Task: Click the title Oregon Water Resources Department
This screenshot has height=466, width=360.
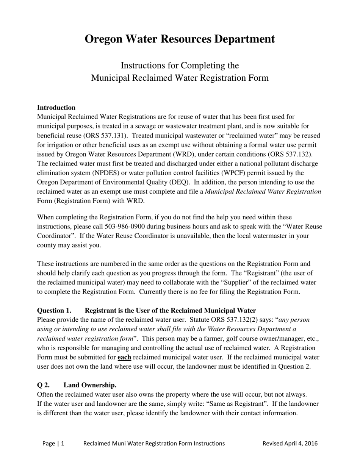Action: (x=180, y=39)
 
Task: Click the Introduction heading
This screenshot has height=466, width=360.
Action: (x=56, y=108)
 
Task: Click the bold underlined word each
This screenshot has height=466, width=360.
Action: (x=124, y=357)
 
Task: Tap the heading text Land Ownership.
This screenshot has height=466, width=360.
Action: (x=90, y=385)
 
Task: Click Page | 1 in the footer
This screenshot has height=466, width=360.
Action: (x=53, y=443)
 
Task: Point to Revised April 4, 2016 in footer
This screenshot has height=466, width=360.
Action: (x=290, y=443)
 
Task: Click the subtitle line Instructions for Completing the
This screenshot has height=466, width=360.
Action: (x=180, y=66)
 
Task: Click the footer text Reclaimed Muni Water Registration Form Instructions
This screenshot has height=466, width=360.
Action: (x=154, y=443)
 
